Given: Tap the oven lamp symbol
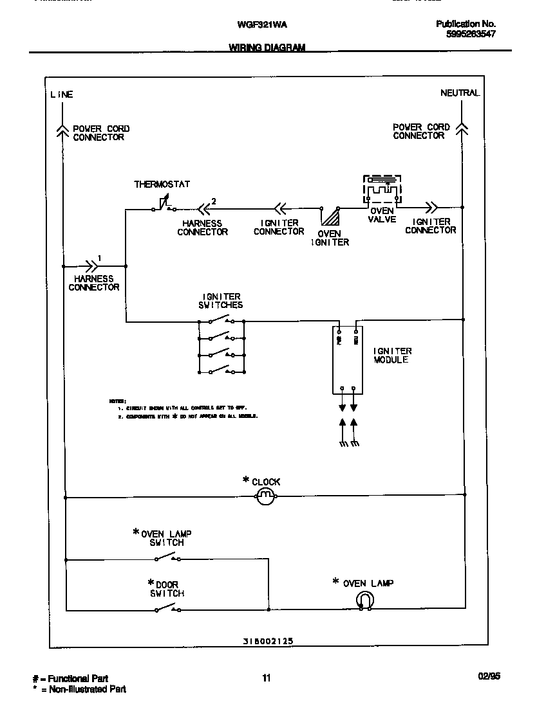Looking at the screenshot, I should click(x=365, y=600).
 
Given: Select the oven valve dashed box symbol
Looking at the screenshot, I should click(x=382, y=191).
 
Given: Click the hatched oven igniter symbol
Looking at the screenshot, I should click(x=330, y=216).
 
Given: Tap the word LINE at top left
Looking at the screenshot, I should click(x=62, y=95).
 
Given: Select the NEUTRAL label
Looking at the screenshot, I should click(x=460, y=93).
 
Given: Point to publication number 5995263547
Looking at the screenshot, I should click(x=471, y=34).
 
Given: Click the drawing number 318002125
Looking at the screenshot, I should click(x=268, y=641).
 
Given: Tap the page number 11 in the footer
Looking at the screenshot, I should click(x=267, y=677).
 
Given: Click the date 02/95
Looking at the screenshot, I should click(x=489, y=676).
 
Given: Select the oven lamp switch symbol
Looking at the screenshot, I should click(x=166, y=556).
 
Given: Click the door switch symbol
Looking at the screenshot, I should click(x=166, y=608).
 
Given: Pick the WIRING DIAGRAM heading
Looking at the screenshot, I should click(x=267, y=48).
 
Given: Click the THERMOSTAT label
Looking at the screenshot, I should click(x=162, y=185).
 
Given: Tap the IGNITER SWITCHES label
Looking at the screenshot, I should click(x=221, y=301).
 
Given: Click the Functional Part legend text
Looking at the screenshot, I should click(x=71, y=678).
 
